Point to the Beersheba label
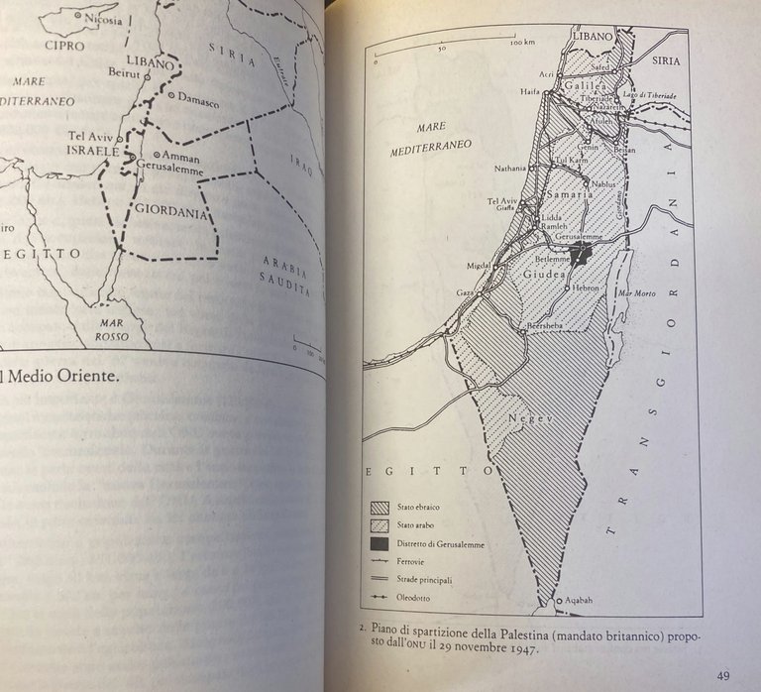point(549,324)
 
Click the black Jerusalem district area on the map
point(581,252)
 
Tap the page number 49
point(723,676)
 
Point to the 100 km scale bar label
point(523,44)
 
